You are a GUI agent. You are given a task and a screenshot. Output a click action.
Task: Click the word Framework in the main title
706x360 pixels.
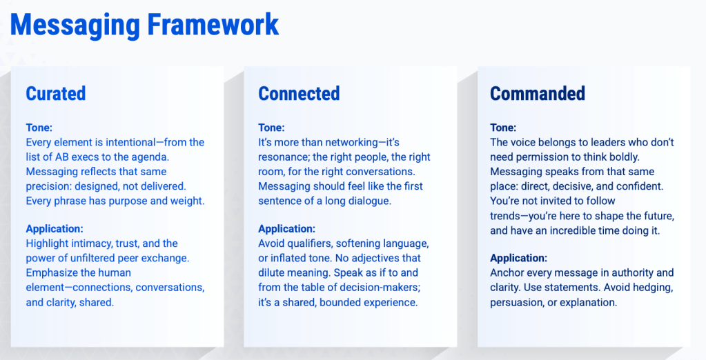point(213,25)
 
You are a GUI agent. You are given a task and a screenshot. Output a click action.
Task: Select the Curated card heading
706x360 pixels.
point(56,94)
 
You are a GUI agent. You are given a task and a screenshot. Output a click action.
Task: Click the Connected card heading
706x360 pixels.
point(299,94)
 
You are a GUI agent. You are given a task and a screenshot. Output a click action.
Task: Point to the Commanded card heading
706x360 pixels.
point(538,94)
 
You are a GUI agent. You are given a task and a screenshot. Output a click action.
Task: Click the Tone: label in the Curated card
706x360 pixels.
point(39,128)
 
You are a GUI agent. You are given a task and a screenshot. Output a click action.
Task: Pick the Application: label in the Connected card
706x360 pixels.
point(287,229)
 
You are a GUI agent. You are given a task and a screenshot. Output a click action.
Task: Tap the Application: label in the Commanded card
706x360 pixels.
point(519,259)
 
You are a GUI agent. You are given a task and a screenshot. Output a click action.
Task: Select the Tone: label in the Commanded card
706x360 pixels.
point(503,128)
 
